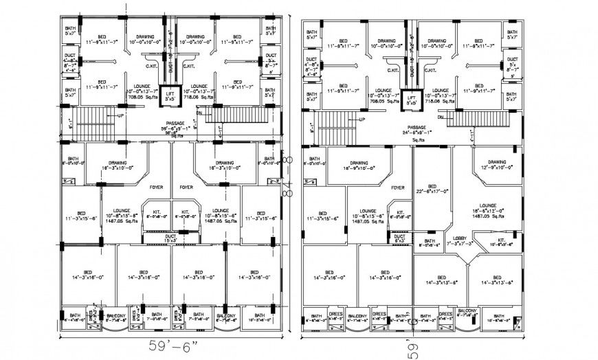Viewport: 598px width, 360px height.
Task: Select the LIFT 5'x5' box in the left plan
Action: pos(170,95)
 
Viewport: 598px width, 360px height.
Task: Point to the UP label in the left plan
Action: pos(122,115)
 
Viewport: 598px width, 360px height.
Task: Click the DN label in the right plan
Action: pos(458,118)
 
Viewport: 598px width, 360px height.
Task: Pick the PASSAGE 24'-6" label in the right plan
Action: pos(417,131)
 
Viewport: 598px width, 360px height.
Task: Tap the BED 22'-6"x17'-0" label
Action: pos(432,190)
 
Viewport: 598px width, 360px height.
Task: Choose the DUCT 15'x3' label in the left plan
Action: pos(170,238)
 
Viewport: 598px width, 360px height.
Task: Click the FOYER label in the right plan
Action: pos(397,187)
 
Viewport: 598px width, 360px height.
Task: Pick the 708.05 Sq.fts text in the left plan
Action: pos(137,98)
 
